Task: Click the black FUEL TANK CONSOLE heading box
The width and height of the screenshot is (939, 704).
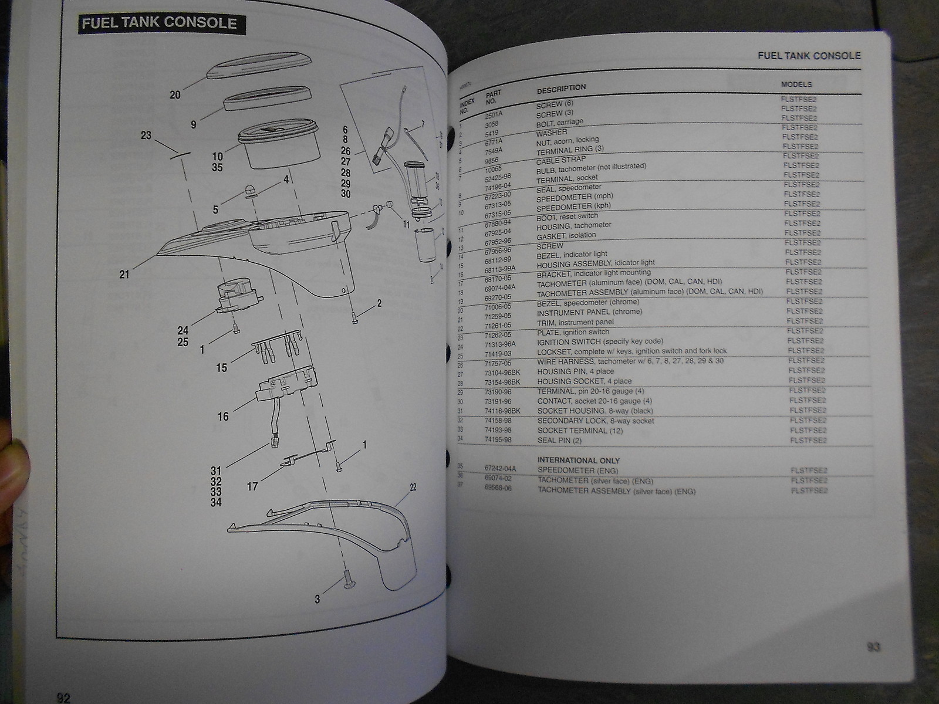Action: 159,23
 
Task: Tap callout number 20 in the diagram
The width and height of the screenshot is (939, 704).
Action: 175,94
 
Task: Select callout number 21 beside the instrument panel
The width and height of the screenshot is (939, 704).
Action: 124,273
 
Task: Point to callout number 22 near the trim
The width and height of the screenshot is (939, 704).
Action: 413,488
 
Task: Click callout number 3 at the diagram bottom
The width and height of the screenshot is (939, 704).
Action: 317,599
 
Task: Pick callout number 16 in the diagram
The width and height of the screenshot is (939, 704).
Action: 223,417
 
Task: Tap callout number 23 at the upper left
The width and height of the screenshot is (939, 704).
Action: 146,136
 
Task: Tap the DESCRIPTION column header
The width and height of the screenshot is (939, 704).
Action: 561,88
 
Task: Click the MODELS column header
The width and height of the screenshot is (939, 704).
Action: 796,84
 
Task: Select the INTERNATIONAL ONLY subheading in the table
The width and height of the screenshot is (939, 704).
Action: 578,461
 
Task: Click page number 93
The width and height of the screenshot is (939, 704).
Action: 873,648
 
